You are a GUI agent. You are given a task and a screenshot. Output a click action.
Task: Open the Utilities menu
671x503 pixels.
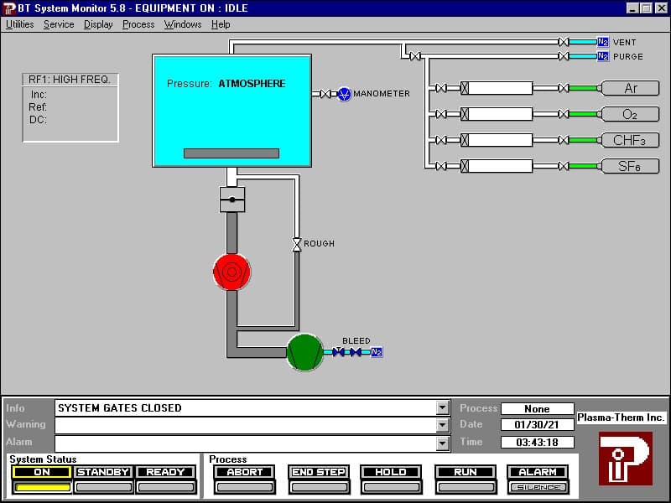coord(19,24)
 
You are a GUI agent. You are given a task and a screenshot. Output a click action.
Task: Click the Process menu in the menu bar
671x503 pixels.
coord(138,24)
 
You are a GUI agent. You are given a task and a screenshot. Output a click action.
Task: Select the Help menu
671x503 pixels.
coord(221,24)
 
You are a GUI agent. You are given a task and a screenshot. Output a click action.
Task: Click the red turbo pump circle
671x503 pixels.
coord(232,272)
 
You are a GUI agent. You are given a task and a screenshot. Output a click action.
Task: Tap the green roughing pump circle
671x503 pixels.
coord(304,352)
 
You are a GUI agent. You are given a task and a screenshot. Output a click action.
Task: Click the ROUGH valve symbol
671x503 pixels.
coord(297,245)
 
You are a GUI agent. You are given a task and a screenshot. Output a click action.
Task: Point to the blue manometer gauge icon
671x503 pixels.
coord(344,94)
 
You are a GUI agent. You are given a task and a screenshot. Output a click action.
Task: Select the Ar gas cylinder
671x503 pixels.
coord(630,88)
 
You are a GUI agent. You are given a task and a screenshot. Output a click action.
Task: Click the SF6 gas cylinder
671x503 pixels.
coord(630,166)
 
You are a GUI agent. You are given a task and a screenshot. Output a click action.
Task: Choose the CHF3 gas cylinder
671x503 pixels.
coord(630,140)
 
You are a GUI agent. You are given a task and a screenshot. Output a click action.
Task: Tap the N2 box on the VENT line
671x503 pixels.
coord(603,42)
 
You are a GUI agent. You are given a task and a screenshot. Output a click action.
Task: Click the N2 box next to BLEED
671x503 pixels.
coord(377,352)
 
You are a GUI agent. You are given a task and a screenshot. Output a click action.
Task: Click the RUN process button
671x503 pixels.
coord(466,472)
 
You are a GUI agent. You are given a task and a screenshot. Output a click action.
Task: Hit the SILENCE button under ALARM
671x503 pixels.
coord(538,487)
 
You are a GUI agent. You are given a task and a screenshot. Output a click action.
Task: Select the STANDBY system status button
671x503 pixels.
coord(103,472)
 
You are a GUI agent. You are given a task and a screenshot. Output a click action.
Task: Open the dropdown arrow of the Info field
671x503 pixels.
coord(443,408)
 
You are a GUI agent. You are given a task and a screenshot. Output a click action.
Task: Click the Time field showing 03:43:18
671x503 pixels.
coord(537,443)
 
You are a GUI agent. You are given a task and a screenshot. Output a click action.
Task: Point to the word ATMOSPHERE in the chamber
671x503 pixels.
coord(252,83)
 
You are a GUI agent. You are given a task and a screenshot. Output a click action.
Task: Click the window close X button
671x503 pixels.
coord(661,8)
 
